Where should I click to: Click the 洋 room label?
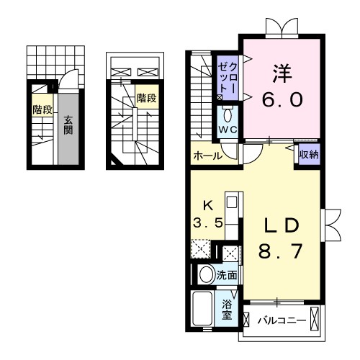(x=281, y=73)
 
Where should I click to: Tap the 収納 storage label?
(x=309, y=153)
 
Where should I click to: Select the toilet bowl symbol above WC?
(x=228, y=114)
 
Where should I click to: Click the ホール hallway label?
(x=206, y=156)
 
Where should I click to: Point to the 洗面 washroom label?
(x=229, y=274)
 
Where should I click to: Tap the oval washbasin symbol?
(x=205, y=274)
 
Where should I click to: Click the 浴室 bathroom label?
(x=227, y=310)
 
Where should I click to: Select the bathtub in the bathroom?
(x=203, y=310)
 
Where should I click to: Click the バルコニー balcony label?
(x=283, y=319)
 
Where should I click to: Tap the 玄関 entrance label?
(x=67, y=125)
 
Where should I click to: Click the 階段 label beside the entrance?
(x=40, y=109)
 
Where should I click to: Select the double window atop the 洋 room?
(x=279, y=29)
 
